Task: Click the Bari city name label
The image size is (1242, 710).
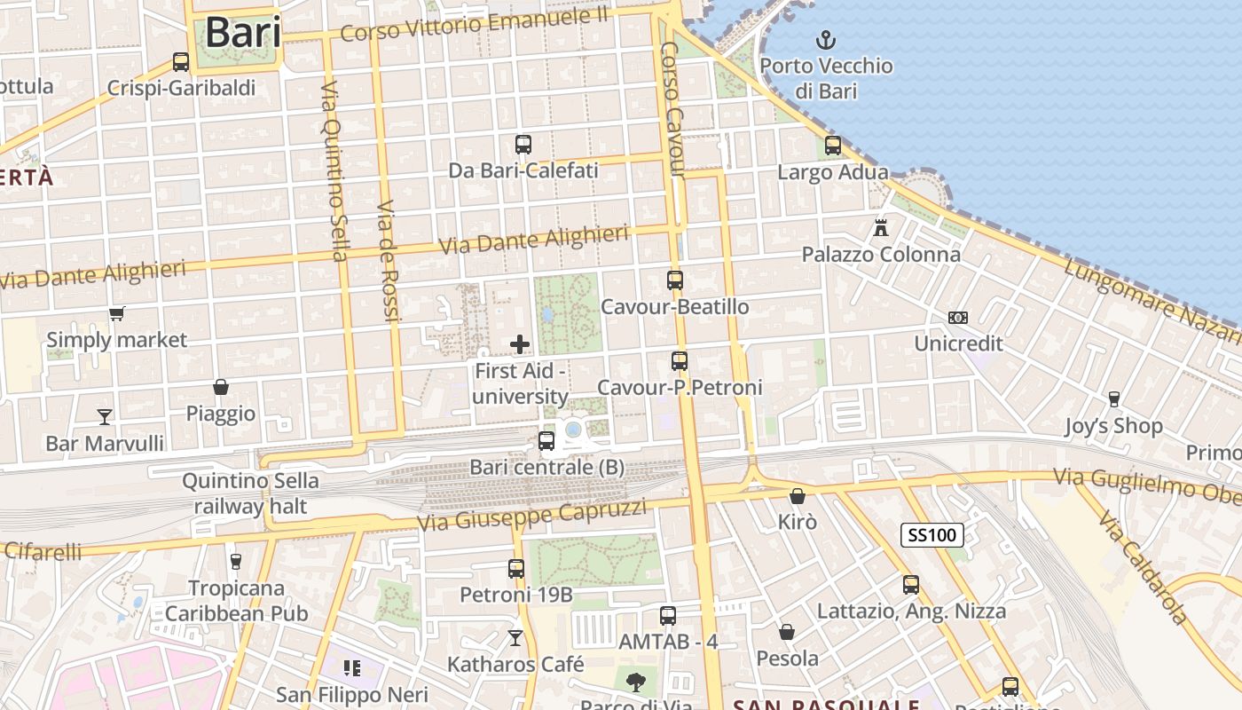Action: point(243,33)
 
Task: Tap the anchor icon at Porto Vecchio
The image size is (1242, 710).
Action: point(826,40)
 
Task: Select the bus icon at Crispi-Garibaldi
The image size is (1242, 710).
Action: point(181,62)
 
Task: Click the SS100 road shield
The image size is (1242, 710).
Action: point(931,535)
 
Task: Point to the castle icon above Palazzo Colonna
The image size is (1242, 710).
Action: point(880,227)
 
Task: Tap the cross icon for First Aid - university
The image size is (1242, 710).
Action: point(520,344)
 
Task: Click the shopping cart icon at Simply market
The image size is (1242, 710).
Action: point(116,313)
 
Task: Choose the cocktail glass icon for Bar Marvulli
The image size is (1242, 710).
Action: point(105,416)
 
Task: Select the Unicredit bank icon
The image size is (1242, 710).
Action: point(958,317)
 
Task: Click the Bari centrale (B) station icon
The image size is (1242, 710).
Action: point(546,440)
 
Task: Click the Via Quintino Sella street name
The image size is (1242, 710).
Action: point(333,170)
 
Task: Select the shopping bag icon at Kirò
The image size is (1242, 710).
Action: point(798,495)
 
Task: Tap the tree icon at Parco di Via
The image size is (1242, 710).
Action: point(635,682)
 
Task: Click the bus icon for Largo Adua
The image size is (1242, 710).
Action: point(832,146)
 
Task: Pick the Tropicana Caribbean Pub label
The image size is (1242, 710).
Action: point(236,600)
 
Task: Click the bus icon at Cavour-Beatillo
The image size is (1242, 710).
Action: point(675,280)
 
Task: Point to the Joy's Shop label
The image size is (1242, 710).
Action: point(1113,426)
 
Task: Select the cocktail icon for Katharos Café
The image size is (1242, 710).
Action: point(515,637)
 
